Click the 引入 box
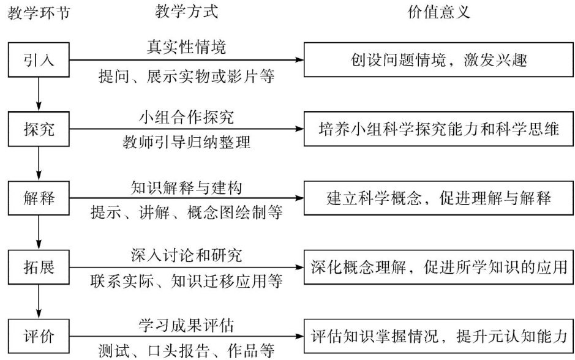click(x=39, y=60)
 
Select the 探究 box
click(x=39, y=129)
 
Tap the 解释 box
click(x=39, y=198)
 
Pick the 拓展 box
click(x=39, y=268)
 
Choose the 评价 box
click(x=39, y=336)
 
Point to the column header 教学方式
click(x=187, y=11)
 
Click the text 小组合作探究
click(x=186, y=116)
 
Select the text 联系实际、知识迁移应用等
click(x=186, y=282)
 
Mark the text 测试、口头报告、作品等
click(x=186, y=351)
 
